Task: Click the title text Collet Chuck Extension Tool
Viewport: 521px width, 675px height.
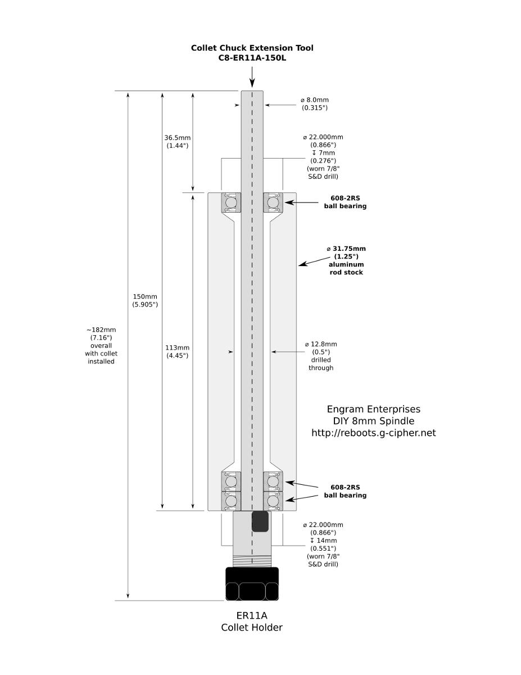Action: (x=252, y=48)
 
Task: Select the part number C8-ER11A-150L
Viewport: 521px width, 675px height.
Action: (x=252, y=58)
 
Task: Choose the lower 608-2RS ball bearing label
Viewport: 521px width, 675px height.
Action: (x=345, y=491)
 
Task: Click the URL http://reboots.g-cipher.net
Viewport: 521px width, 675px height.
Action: (x=374, y=433)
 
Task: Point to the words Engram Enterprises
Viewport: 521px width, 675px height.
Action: (x=374, y=409)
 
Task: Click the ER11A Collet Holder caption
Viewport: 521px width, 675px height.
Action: (x=252, y=621)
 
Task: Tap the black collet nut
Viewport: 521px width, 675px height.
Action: (x=252, y=584)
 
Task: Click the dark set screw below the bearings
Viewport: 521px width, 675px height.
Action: (x=260, y=521)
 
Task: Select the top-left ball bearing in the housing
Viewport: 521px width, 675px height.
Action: (x=230, y=202)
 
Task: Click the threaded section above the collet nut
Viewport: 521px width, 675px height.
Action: (x=252, y=560)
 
